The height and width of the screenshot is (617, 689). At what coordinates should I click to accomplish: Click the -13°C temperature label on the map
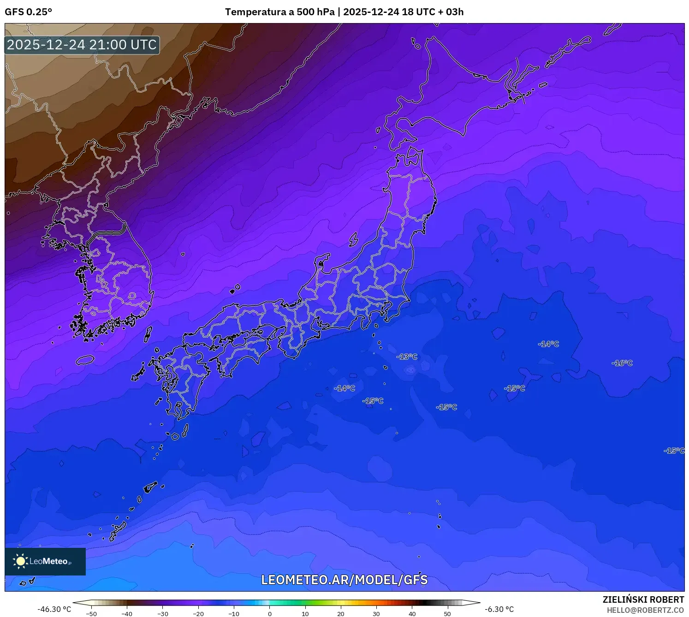coord(407,357)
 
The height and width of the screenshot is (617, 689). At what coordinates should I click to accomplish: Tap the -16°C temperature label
coord(622,363)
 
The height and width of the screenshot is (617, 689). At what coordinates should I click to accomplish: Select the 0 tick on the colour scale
coord(270,613)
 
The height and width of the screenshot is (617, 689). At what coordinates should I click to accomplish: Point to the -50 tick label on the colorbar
coord(91,613)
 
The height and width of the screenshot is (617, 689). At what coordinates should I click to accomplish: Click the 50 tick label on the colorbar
coord(447,613)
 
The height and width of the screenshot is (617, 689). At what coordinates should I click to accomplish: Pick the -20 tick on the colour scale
coord(198,613)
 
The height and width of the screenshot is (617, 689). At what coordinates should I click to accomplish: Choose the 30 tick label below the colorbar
coord(376,613)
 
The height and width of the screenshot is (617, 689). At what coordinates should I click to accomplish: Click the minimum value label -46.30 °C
coord(54,609)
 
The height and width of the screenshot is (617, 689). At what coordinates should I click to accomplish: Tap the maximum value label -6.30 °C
coord(499,609)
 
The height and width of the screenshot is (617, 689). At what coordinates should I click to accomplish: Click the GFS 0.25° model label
coord(28,12)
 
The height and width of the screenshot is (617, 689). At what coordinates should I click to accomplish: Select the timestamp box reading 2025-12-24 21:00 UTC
coord(82,45)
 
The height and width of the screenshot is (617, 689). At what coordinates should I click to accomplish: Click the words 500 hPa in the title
coord(315,12)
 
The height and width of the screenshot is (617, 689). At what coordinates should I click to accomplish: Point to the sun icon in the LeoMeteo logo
coord(20,561)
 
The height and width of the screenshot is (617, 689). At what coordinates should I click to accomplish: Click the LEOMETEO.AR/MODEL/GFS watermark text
coord(344,580)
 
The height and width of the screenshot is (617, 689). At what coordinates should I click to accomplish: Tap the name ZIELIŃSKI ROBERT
coord(643,599)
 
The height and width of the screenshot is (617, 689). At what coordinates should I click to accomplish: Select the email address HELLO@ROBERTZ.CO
coord(645,610)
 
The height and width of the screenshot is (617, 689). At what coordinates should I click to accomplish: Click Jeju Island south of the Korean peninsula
coord(85,360)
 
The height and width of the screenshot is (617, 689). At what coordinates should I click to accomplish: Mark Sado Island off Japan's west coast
coord(354,239)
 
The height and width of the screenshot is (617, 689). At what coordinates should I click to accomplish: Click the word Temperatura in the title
coord(253,12)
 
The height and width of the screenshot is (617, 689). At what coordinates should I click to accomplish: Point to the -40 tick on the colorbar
coord(127,613)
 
